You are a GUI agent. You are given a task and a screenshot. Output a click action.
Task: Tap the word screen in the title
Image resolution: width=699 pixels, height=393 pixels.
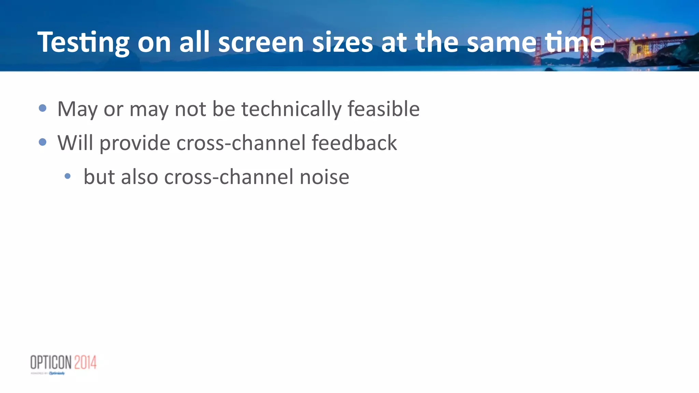click(x=261, y=42)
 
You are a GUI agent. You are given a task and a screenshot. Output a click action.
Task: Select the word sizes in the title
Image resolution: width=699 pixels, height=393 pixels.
click(x=342, y=42)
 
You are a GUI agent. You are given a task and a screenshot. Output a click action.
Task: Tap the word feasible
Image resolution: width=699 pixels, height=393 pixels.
click(x=383, y=109)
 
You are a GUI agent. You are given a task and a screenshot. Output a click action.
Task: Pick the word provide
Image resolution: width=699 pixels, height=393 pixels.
click(x=135, y=143)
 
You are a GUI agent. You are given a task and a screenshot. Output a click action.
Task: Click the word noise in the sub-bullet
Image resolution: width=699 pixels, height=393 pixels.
click(x=324, y=177)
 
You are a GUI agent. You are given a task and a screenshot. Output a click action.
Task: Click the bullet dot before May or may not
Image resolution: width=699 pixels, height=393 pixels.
click(x=43, y=108)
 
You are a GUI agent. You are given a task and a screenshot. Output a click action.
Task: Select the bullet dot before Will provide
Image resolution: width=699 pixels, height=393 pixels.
click(x=43, y=142)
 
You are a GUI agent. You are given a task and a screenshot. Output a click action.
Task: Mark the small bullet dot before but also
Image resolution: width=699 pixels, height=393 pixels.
click(x=68, y=176)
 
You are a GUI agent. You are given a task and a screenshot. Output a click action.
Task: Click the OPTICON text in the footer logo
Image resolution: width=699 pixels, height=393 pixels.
click(x=51, y=362)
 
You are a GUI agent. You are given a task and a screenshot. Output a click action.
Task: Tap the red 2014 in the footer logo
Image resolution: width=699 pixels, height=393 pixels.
click(x=85, y=362)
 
